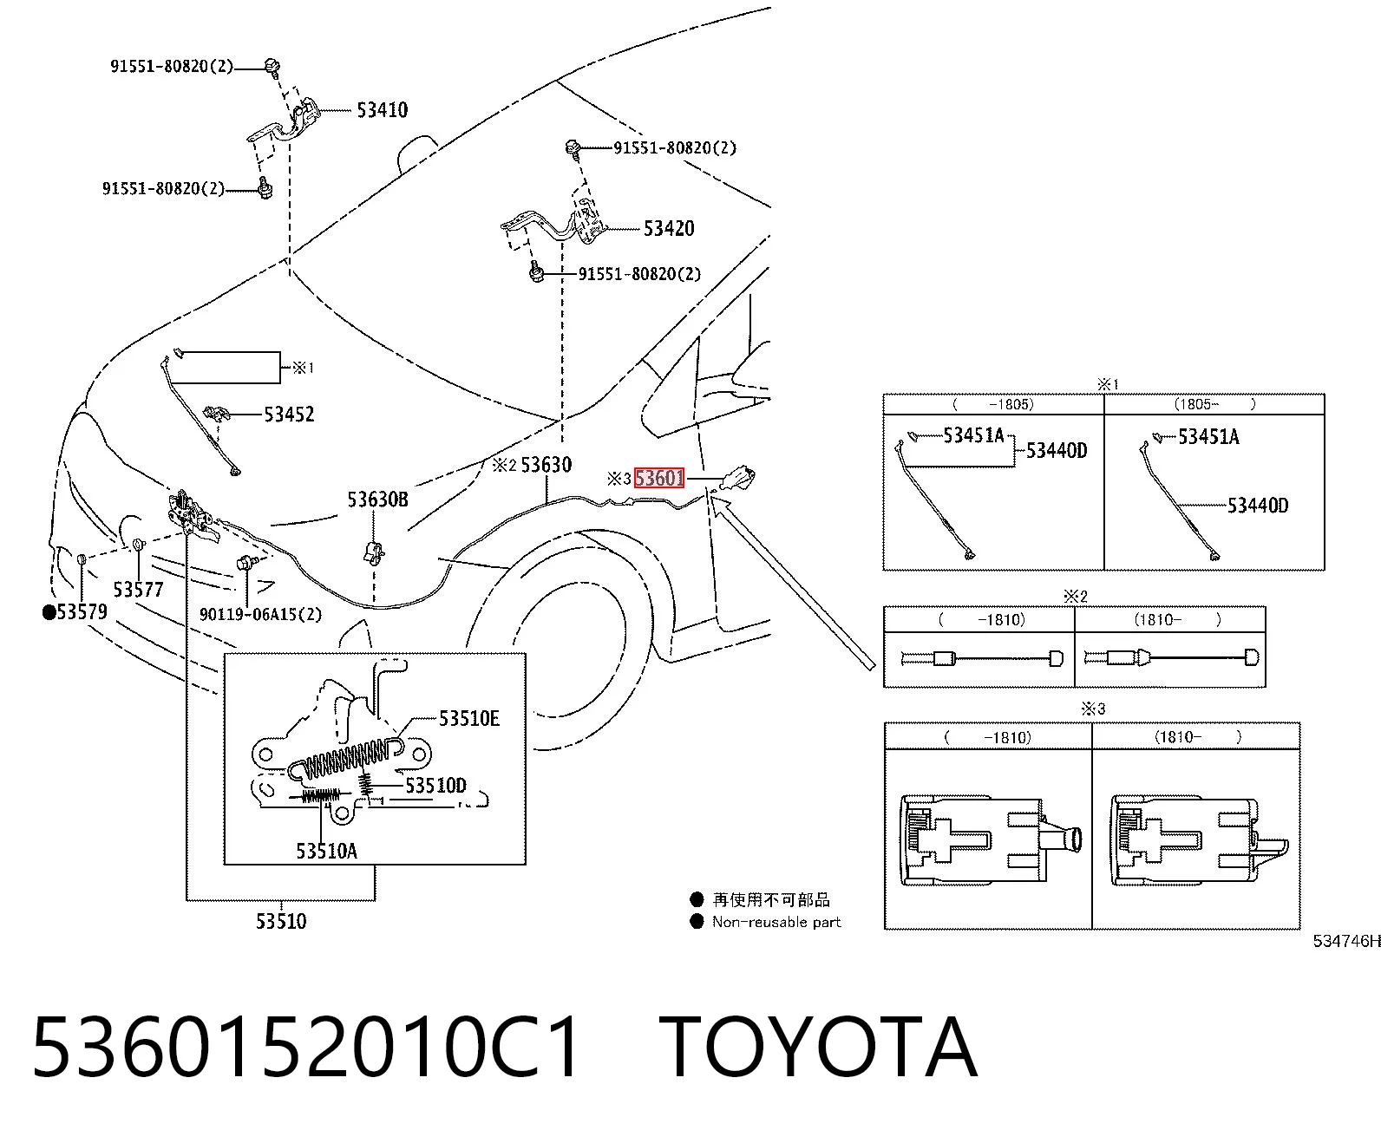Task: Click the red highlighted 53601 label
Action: [658, 478]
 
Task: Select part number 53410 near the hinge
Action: [383, 110]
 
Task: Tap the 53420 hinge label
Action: [669, 229]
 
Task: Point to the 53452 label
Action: [289, 415]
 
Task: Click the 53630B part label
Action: [377, 500]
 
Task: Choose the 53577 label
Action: [138, 590]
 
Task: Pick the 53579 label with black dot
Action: [75, 612]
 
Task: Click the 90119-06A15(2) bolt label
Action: [260, 615]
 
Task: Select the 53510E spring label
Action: [469, 718]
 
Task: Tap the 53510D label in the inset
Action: [435, 786]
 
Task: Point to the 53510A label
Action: [326, 851]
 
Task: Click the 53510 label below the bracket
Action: [281, 921]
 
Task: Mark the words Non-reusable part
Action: [776, 922]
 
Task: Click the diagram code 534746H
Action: [1346, 941]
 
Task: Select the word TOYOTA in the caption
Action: [817, 1048]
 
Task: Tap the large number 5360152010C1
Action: [305, 1048]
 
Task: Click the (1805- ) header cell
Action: [1214, 404]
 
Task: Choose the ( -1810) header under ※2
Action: [979, 620]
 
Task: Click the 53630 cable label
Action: [546, 465]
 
